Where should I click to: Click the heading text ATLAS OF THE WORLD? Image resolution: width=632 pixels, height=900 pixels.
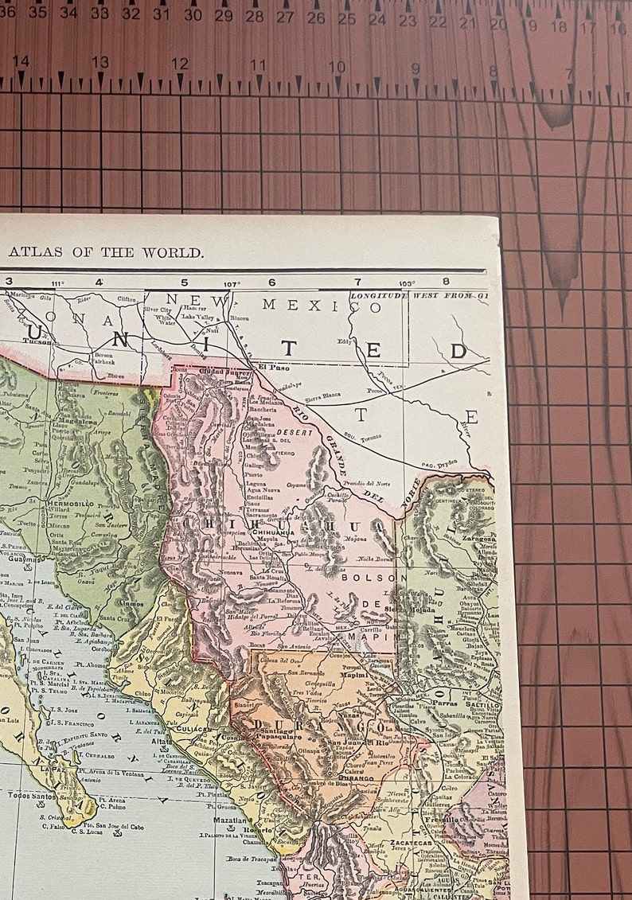coord(107,252)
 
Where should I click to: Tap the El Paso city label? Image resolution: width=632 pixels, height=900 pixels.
coord(273,368)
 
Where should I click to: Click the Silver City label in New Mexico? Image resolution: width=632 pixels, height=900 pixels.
coord(158,310)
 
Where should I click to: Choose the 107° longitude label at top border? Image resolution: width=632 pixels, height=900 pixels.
coord(231,282)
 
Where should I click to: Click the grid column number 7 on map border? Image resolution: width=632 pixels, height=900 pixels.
coord(357,282)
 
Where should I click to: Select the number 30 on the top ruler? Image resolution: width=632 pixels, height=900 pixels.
coord(193,14)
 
